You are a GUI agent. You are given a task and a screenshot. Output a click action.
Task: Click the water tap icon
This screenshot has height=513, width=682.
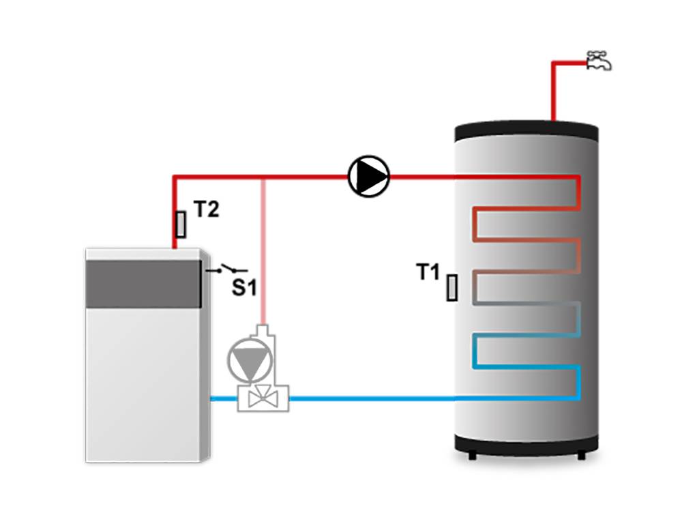point(599,61)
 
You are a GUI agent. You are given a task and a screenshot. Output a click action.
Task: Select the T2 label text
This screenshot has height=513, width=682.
point(206,210)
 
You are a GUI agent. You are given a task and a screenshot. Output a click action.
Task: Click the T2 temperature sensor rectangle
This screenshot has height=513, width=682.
point(181,224)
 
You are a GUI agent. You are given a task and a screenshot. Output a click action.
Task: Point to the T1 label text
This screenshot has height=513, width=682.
point(429,273)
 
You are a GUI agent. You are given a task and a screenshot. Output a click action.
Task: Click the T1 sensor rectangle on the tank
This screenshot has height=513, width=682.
point(452,288)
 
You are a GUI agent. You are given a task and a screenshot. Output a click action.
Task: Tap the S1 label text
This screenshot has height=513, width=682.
point(243,289)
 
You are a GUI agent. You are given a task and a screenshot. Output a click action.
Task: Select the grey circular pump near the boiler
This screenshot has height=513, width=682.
point(247,361)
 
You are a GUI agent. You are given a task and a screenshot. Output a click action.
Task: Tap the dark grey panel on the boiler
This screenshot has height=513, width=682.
point(143,282)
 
